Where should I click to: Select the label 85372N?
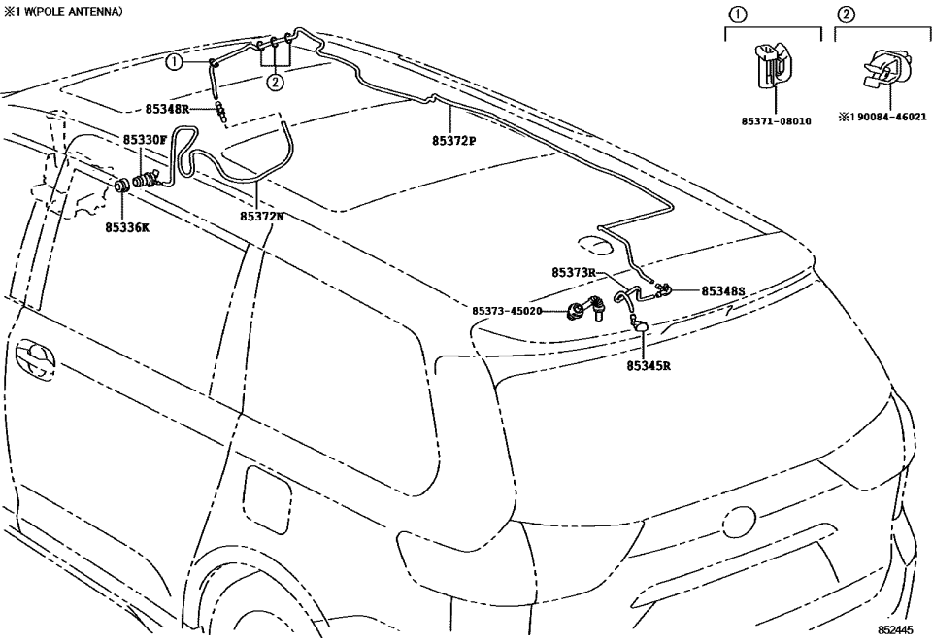pyautogui.click(x=262, y=217)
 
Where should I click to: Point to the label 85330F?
pyautogui.click(x=145, y=140)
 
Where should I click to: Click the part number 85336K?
pyautogui.click(x=127, y=227)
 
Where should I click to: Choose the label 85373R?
pyautogui.click(x=573, y=273)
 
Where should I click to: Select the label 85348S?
pyautogui.click(x=722, y=290)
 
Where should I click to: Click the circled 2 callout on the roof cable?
pyautogui.click(x=276, y=82)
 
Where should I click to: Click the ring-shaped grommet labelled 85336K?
pyautogui.click(x=123, y=186)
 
